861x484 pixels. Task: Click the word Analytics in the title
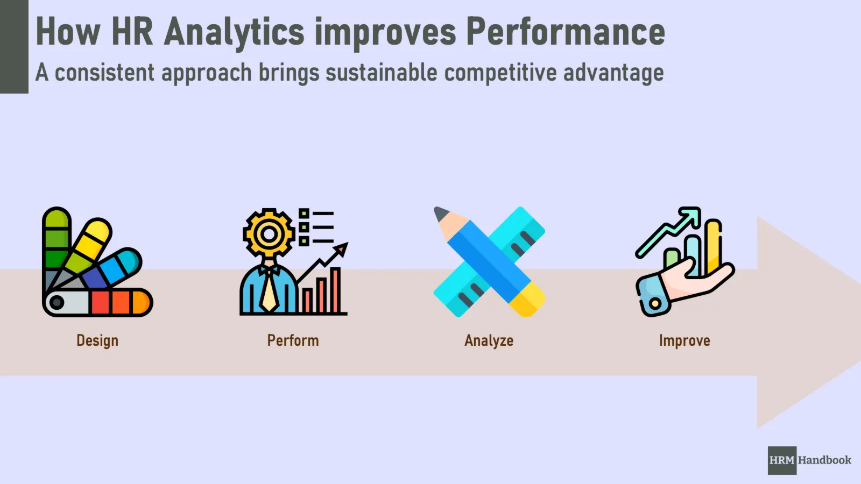tap(234, 32)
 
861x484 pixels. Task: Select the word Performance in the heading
tap(565, 32)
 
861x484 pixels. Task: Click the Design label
tap(97, 340)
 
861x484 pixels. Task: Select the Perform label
tap(293, 340)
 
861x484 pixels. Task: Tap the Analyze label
tap(489, 340)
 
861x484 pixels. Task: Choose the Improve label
tap(684, 340)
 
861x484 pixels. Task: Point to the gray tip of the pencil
tap(440, 213)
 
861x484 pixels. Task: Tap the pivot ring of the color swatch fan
tap(57, 302)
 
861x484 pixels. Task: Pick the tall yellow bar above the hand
tap(714, 245)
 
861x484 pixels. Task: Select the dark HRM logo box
tap(781, 460)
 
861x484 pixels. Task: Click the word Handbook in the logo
tap(824, 460)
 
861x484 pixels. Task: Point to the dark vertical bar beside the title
tap(14, 47)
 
